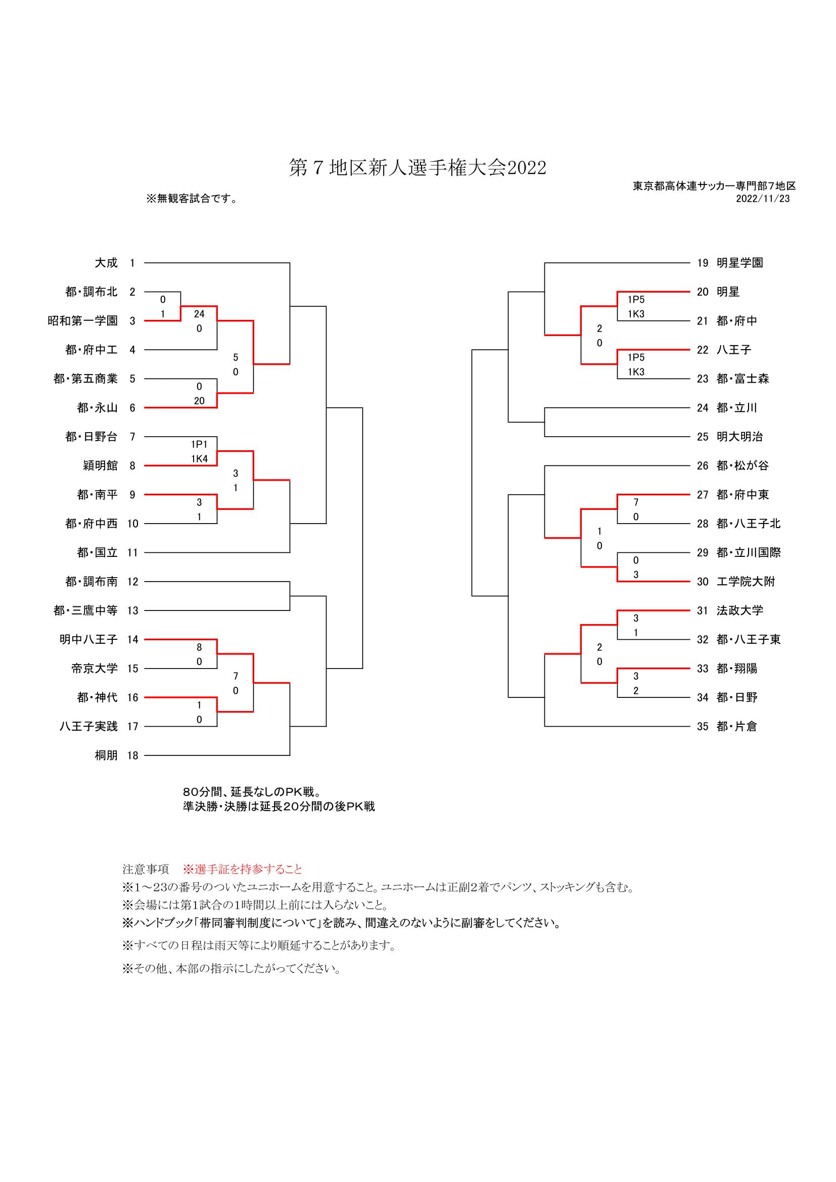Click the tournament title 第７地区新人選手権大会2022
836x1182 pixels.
417,168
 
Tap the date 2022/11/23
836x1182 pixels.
762,199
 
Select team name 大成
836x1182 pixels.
106,263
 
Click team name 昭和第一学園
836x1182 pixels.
83,321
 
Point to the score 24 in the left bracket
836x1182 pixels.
199,314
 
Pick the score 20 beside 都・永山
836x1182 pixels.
199,401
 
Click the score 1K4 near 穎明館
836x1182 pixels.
199,459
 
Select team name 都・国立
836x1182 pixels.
97,553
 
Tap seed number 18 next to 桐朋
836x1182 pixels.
133,755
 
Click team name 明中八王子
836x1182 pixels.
88,640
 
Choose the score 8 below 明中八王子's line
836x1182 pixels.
199,647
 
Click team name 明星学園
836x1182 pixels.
740,263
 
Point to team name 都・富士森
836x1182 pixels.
743,379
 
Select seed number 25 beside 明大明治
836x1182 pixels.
703,437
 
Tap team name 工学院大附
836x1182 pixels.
746,582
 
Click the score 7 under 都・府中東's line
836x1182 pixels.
636,502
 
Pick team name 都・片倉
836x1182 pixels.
736,727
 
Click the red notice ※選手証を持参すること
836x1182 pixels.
243,870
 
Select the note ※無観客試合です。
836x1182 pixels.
192,199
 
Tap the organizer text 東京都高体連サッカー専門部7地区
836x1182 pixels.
714,186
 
